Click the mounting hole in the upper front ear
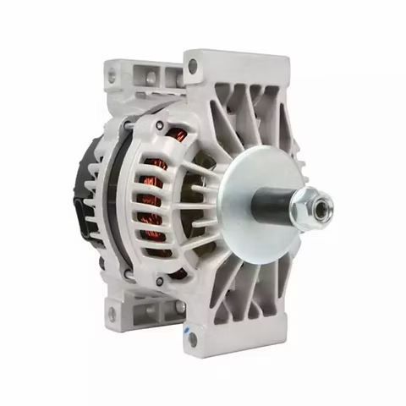(194, 64)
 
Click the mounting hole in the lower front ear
(192, 339)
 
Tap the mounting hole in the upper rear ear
(112, 77)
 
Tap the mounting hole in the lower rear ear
(111, 314)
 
